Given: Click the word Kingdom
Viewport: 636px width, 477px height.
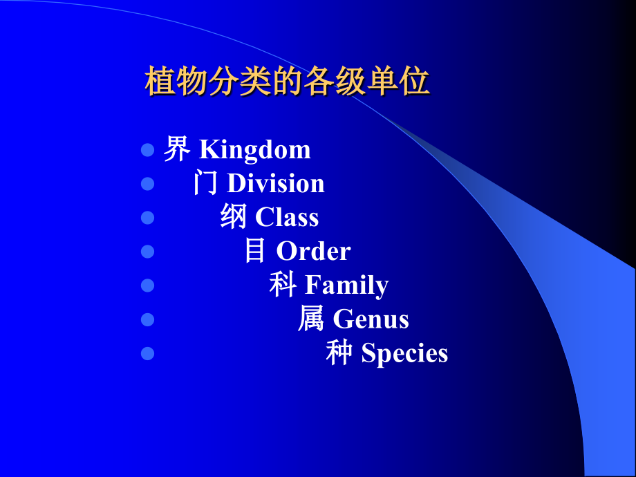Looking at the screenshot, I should click(x=255, y=150).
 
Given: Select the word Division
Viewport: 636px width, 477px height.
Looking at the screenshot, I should click(x=275, y=184).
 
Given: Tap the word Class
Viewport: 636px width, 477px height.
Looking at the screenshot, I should click(x=287, y=218).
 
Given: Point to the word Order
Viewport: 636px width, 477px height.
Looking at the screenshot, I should click(x=313, y=251).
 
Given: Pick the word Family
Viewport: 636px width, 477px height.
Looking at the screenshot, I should click(x=346, y=286).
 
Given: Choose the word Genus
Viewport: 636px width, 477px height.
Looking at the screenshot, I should click(x=371, y=319).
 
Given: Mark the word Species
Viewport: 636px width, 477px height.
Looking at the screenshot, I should click(x=404, y=353).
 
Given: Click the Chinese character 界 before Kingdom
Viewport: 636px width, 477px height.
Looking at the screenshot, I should click(x=176, y=149).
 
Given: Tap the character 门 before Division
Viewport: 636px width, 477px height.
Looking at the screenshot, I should click(x=206, y=183).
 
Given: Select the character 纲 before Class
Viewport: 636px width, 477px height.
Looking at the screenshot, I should click(x=234, y=217).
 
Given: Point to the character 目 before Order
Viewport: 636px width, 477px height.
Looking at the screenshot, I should click(x=255, y=250).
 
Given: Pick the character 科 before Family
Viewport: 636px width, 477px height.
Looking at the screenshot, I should click(x=283, y=284).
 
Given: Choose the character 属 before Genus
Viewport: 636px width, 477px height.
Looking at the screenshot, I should click(x=311, y=319).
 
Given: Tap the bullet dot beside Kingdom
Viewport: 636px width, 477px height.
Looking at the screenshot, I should click(x=147, y=150).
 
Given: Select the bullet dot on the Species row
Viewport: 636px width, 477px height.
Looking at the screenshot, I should click(x=147, y=353).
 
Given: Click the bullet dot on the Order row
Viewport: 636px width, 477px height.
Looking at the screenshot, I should click(x=147, y=252).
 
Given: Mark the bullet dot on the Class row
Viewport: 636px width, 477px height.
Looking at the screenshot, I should click(x=147, y=218).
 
